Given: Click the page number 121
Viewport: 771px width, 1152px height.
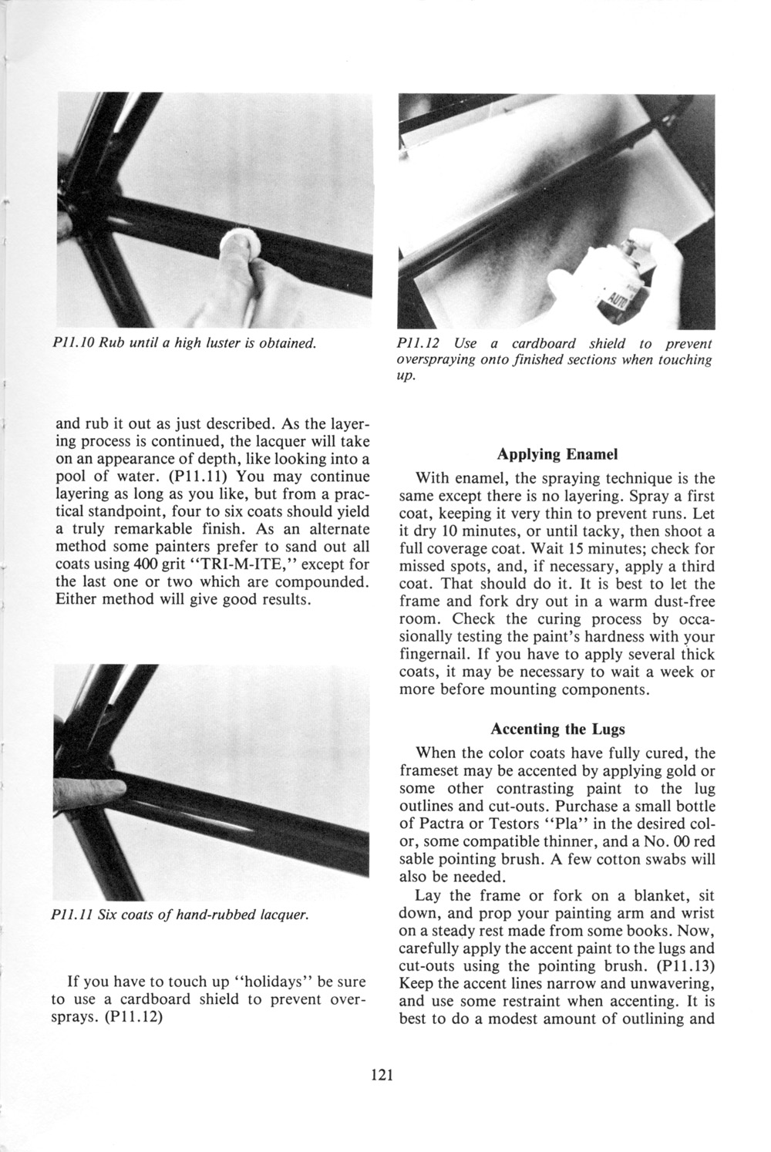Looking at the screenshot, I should (382, 1075).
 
